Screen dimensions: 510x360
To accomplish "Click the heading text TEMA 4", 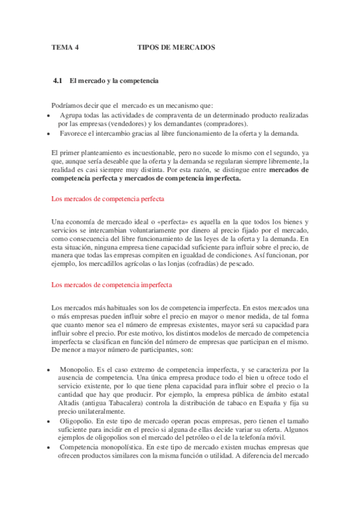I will coord(64,47).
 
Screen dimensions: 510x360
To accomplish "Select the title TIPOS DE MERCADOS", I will coord(176,47).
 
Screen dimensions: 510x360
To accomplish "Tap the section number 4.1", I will coord(58,80).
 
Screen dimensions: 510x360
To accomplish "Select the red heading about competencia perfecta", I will coord(108,198).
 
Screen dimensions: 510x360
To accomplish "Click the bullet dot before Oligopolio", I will coord(48,421).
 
